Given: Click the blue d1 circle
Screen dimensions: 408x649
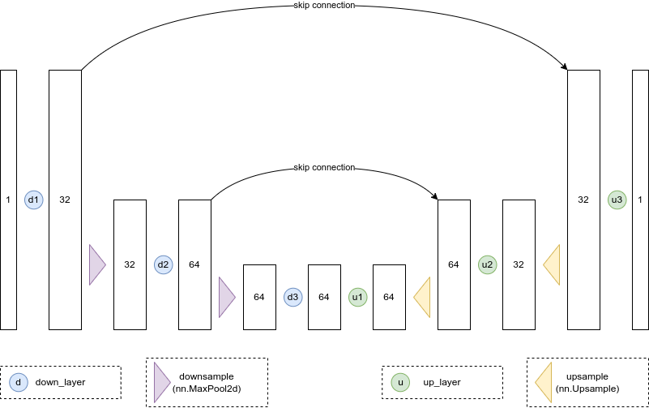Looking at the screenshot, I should [x=33, y=200].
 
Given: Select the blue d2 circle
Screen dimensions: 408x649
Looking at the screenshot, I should [x=163, y=264].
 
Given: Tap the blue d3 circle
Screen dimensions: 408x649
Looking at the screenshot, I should [x=292, y=297].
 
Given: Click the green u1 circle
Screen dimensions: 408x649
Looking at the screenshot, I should [x=357, y=297].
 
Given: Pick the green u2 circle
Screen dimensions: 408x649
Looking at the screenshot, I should [x=487, y=264].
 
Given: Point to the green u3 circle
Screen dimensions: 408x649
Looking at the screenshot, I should [x=617, y=200].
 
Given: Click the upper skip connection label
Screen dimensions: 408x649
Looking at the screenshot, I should [x=324, y=6].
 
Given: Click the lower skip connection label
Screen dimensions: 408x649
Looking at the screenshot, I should [x=324, y=168].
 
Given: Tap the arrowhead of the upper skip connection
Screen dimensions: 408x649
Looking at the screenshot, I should [x=564, y=67].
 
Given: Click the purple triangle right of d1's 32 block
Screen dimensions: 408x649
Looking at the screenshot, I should [x=96, y=264].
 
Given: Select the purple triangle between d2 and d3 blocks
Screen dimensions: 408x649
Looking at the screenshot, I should [x=226, y=297].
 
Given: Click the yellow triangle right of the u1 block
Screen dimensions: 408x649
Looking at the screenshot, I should [x=423, y=297].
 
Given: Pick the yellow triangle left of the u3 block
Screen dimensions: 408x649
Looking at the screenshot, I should [x=553, y=264].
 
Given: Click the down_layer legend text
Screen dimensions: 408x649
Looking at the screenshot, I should [x=61, y=382].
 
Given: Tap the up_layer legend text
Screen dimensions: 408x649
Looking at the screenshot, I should [x=442, y=382].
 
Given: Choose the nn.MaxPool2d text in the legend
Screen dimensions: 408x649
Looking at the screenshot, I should [x=207, y=389].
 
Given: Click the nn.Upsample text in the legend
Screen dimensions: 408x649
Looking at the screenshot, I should [x=587, y=389].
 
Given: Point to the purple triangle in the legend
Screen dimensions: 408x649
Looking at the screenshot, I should [x=160, y=382].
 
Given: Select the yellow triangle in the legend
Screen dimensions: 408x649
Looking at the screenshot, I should [x=544, y=382].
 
